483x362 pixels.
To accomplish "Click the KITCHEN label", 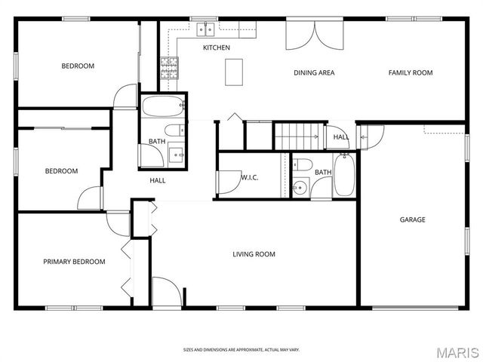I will pos(217,48).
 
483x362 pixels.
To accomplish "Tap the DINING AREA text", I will pos(314,73).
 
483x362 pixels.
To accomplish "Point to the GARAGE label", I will pos(412,219).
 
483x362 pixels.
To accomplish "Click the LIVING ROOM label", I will pos(254,254).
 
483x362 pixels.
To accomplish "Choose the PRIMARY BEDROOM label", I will pos(74,262).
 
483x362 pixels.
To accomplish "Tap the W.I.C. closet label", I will pos(250,177).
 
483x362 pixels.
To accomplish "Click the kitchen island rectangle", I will pos(235,71).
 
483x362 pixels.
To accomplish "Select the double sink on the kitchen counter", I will pos(205,30).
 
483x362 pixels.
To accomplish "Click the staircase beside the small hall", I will pos(296,136).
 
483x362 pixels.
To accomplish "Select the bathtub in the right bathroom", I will pos(343,175).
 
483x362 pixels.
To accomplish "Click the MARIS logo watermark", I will pos(457,351).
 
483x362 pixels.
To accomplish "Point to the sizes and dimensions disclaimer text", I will pos(241,349).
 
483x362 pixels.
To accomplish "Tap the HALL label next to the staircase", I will pos(341,137).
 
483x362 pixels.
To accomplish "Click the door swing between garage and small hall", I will pos(371,137).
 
